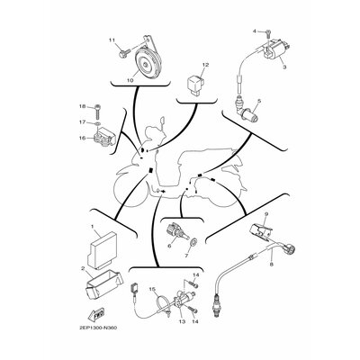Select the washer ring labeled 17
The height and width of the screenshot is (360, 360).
click(97, 123)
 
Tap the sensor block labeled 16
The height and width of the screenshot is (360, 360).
click(104, 137)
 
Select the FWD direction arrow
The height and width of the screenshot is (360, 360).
click(96, 315)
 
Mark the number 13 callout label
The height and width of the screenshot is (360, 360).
click(183, 321)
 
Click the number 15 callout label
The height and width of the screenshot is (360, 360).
click(152, 290)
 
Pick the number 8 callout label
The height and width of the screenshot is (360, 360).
click(272, 265)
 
